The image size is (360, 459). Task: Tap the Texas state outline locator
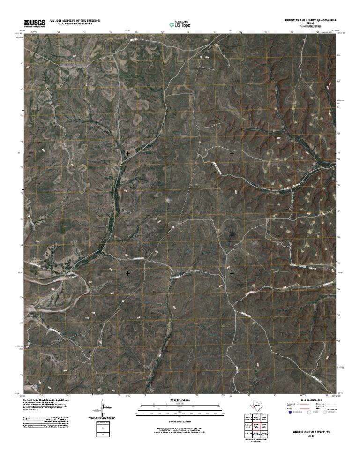pyautogui.click(x=256, y=406)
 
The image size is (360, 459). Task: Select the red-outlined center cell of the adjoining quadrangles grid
pyautogui.click(x=256, y=426)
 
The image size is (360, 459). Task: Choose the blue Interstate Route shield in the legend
pyautogui.click(x=290, y=412)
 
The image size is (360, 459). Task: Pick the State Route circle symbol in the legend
pyautogui.click(x=325, y=412)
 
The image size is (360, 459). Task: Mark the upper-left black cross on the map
pyautogui.click(x=127, y=153)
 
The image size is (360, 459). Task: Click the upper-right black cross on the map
pyautogui.click(x=232, y=153)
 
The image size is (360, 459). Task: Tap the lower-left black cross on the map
pyautogui.click(x=127, y=272)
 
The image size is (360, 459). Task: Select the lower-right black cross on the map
pyautogui.click(x=232, y=272)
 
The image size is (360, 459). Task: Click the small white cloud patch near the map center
pyautogui.click(x=169, y=200)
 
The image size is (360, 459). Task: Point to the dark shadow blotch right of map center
pyautogui.click(x=231, y=237)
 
